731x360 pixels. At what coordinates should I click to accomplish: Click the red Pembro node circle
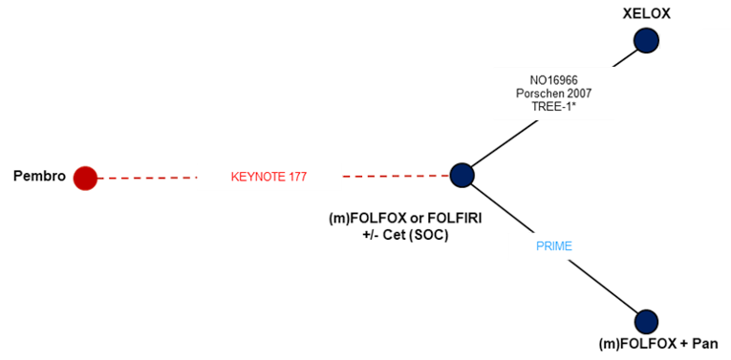(86, 178)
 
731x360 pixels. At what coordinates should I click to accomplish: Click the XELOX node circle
(647, 40)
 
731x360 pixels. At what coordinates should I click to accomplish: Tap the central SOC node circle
(462, 175)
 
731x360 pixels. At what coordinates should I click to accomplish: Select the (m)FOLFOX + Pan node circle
(646, 321)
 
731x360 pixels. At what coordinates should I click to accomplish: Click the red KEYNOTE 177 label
(269, 177)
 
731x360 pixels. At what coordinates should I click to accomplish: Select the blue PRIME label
(553, 246)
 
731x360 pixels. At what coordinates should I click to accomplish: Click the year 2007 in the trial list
(579, 94)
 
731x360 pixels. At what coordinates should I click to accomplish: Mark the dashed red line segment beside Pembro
(148, 178)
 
